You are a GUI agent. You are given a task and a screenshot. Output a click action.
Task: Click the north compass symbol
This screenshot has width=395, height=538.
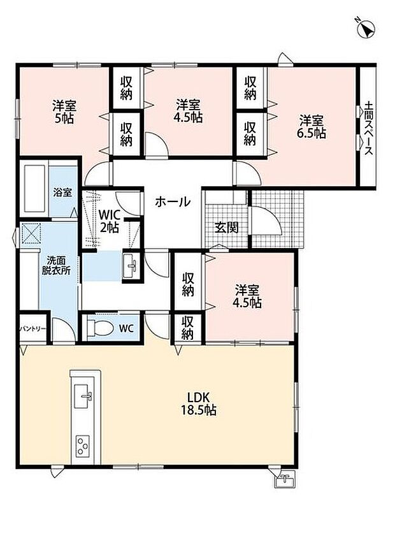(x=366, y=29)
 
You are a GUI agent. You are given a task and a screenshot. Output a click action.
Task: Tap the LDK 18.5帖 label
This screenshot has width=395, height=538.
(x=199, y=404)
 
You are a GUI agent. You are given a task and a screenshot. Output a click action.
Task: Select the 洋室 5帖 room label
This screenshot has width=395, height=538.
(x=64, y=112)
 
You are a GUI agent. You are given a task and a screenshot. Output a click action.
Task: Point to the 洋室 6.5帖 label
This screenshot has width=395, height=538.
(x=312, y=127)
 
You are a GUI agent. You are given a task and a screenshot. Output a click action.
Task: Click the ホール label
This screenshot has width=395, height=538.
(x=173, y=201)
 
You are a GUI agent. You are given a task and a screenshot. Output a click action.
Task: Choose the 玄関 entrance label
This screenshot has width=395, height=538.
(x=226, y=228)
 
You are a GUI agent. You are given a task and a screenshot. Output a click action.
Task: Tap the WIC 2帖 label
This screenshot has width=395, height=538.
(x=110, y=222)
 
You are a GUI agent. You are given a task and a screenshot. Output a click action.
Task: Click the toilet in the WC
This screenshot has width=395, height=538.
(x=100, y=328)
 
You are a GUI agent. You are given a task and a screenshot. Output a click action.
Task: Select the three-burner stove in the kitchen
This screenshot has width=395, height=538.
(x=83, y=446)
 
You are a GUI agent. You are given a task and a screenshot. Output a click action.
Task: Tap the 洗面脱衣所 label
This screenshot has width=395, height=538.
(x=56, y=265)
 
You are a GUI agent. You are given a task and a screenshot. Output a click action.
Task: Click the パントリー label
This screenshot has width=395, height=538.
(x=32, y=329)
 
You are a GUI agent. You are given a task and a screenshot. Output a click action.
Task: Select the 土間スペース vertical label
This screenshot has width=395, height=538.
(x=368, y=127)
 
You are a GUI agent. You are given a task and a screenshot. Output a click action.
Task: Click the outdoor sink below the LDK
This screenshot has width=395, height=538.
(x=285, y=479)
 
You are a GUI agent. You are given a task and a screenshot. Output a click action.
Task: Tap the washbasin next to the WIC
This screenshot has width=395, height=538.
(x=130, y=266)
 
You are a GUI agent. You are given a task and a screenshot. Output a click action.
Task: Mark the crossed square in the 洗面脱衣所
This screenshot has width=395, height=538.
(x=31, y=234)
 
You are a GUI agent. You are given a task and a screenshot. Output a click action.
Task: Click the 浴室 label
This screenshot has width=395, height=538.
(x=62, y=193)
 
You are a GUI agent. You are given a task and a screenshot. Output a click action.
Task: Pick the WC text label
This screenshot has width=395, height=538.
(x=126, y=328)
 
